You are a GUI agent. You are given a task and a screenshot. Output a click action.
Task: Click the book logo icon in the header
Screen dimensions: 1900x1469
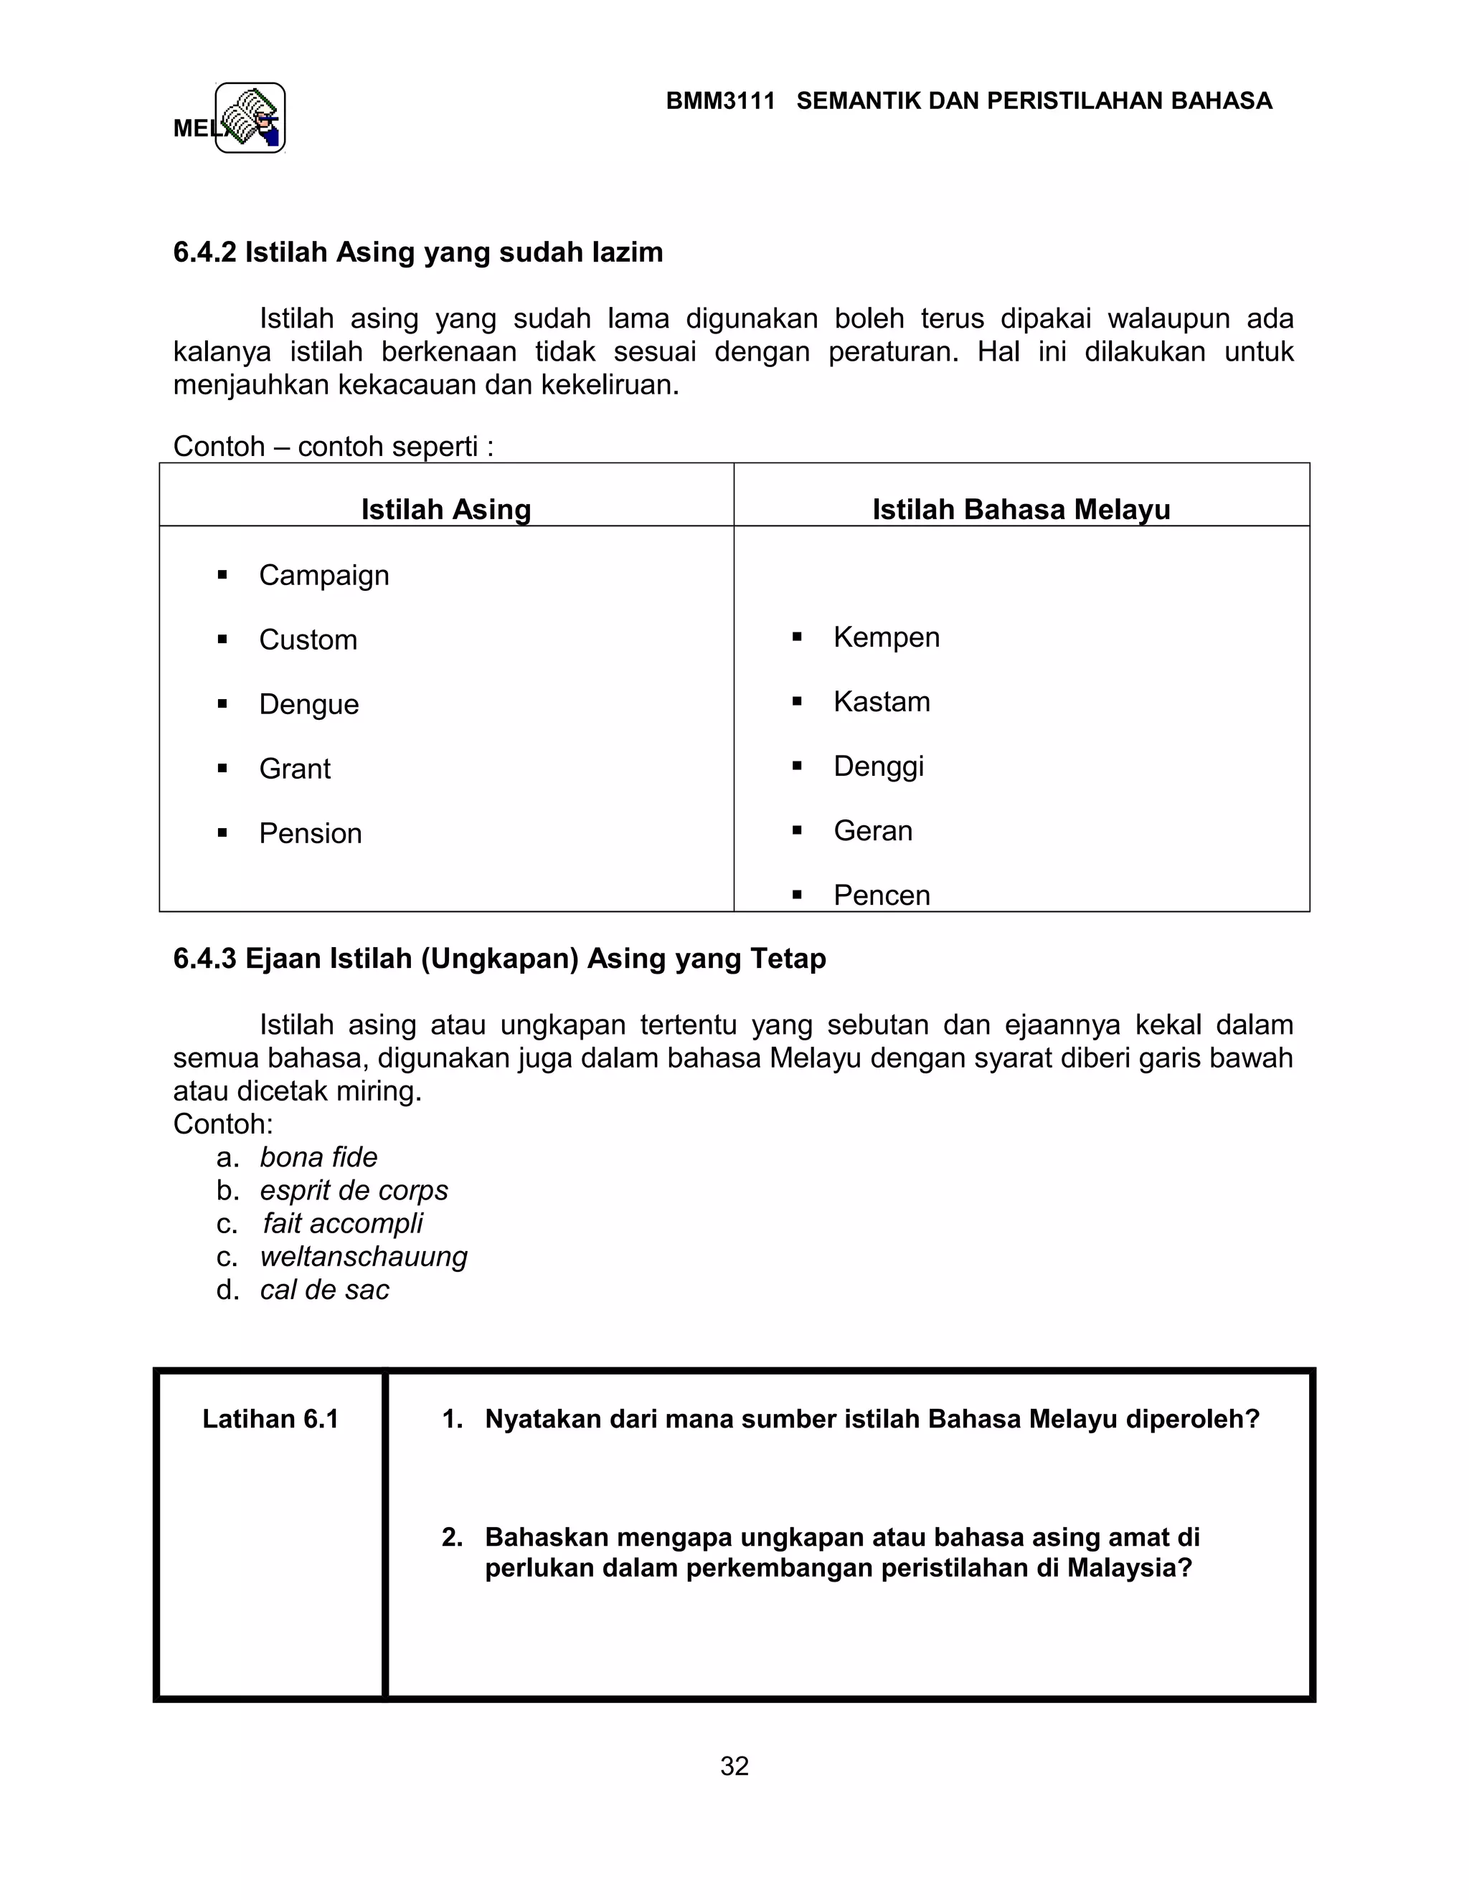pos(250,118)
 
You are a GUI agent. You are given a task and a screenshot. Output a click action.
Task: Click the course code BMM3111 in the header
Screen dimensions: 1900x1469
pos(719,101)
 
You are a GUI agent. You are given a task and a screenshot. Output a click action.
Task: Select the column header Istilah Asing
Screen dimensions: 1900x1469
pos(445,509)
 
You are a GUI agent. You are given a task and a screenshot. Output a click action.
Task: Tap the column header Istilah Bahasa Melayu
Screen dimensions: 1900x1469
pos(1021,509)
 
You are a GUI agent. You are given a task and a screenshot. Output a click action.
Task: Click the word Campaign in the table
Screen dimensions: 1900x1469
pos(323,575)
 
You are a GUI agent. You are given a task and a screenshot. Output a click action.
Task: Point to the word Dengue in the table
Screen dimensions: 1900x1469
pos(309,704)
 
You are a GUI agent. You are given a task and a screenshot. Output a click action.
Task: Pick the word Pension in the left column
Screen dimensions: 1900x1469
pos(310,833)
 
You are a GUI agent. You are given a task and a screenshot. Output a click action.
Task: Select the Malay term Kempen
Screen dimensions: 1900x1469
pos(886,637)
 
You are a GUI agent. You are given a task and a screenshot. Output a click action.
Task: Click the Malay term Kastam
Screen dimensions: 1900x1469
pos(881,701)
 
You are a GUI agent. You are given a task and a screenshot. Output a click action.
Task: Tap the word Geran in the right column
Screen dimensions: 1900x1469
pos(872,831)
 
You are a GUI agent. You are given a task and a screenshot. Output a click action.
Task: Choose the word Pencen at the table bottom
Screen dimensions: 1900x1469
pos(881,896)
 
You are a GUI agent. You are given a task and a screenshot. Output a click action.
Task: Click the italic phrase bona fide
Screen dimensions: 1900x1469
pos(318,1157)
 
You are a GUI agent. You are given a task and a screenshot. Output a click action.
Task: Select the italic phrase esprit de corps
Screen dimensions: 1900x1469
pos(354,1190)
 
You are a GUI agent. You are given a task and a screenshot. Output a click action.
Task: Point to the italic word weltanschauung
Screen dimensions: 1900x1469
pos(363,1256)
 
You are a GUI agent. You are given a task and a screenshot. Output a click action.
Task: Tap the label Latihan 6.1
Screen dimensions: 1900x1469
pos(270,1419)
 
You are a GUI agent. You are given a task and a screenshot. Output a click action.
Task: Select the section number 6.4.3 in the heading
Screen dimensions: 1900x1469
pos(204,959)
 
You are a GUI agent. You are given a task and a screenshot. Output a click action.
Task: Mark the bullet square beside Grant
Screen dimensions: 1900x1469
pos(223,768)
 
